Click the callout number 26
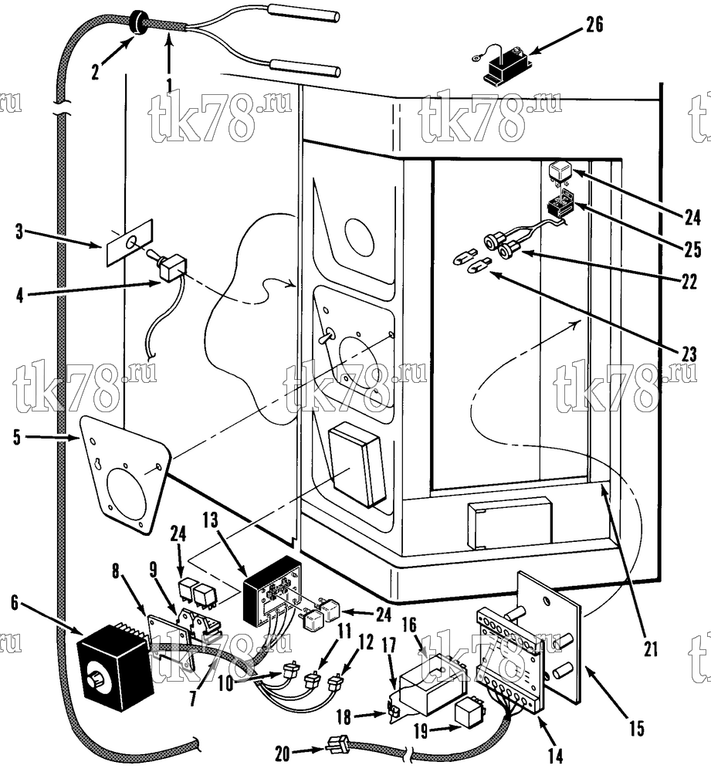594,24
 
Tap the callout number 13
210,521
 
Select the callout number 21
651,648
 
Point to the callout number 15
637,728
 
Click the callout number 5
18,437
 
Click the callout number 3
19,232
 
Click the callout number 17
388,645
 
